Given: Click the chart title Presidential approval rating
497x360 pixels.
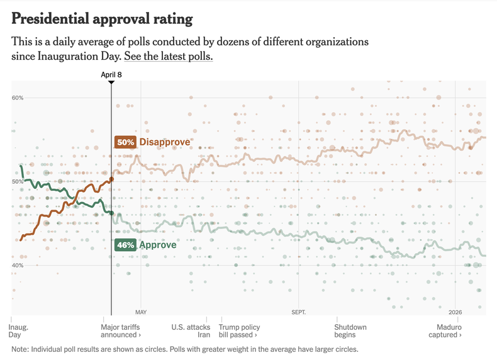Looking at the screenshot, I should coord(102,19).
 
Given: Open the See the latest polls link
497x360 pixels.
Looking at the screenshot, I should coord(169,57).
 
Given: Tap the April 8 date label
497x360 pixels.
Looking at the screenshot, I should coord(111,74).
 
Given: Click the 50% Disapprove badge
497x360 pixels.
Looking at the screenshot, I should coord(125,142).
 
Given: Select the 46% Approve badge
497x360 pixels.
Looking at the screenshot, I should coord(125,245).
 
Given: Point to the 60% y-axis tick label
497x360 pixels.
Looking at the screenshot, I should coord(17,98).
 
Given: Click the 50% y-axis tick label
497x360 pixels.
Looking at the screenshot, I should coord(17,181).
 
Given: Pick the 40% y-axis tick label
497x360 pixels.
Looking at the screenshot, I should coord(17,265).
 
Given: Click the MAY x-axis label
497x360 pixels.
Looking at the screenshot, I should coord(141,312).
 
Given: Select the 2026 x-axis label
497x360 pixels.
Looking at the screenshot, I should coord(455,312).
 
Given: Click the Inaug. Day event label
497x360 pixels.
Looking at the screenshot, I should coord(19,331).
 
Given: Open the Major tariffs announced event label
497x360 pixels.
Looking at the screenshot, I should coord(121,331).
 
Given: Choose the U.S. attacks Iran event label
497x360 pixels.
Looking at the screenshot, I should coord(191,331).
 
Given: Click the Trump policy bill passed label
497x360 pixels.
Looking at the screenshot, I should coord(239,331).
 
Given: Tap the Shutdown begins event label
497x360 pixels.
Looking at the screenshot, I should coord(350,331).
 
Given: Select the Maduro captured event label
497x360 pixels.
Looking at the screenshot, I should coord(449,331).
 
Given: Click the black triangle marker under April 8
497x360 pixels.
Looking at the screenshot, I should coord(111,82).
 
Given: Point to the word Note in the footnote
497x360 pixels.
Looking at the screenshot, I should coord(20,349).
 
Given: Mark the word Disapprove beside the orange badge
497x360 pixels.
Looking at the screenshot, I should coord(164,142).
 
